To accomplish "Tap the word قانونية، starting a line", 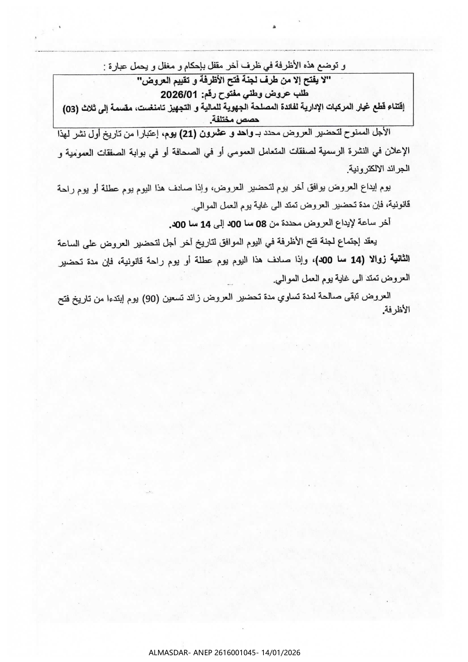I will [x=397, y=205].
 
